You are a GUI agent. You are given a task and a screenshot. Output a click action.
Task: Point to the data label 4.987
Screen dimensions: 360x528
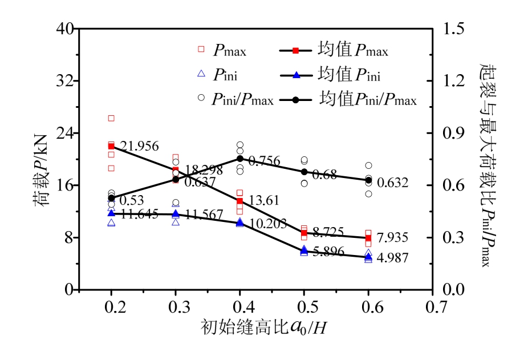(x=393, y=258)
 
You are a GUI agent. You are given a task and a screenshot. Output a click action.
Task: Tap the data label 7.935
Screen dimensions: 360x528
(x=393, y=237)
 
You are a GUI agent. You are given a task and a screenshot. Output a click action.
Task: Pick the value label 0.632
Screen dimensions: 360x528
(x=393, y=183)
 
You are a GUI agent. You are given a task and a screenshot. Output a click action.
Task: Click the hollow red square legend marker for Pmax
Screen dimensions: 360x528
(x=201, y=50)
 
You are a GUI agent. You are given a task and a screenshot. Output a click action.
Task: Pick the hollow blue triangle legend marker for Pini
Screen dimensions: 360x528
(x=201, y=74)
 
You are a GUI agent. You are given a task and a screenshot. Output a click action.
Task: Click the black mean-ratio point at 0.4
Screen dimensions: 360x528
(x=240, y=159)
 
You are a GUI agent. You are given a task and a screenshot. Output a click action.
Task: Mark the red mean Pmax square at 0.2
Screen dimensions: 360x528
(x=111, y=147)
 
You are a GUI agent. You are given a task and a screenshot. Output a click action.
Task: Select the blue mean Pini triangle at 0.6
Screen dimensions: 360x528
(x=368, y=257)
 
